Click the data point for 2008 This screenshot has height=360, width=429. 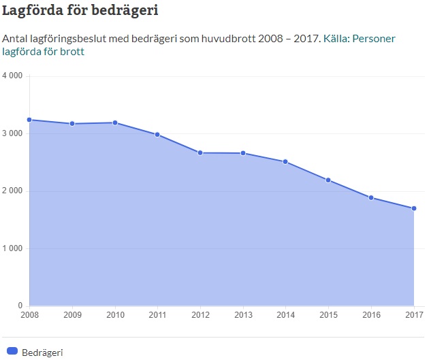[29, 120]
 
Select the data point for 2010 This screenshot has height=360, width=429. [115, 122]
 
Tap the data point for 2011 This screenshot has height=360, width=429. [157, 135]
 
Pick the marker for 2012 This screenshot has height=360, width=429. [200, 152]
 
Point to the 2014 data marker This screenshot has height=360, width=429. [285, 162]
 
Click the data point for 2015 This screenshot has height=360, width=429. [328, 180]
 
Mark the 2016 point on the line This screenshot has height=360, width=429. [371, 197]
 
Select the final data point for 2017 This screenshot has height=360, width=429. [413, 208]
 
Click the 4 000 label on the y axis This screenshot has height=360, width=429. [13, 76]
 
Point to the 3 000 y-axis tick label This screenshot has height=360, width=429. [13, 133]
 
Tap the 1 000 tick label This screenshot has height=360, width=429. [13, 248]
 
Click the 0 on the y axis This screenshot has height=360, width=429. [20, 306]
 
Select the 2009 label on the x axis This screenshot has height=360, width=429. [72, 315]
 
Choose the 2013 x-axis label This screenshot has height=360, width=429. [243, 315]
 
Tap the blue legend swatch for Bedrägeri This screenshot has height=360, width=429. [11, 352]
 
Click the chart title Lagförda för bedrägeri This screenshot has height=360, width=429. [84, 12]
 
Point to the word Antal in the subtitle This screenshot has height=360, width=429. [16, 39]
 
